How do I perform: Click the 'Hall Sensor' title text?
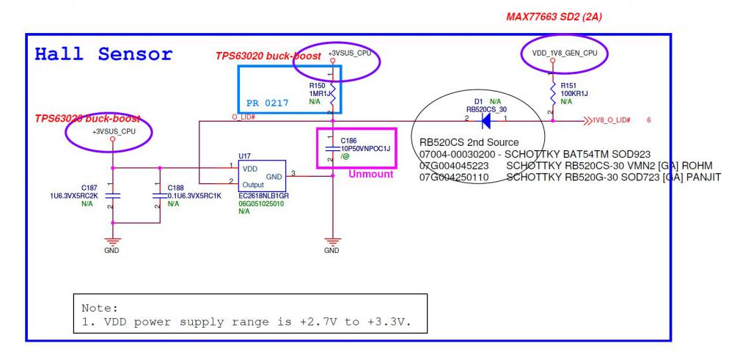[x=104, y=54]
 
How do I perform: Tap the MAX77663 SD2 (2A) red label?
[x=554, y=16]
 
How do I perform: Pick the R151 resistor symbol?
[x=553, y=91]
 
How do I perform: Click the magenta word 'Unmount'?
[x=371, y=175]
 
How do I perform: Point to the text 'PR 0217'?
[x=266, y=104]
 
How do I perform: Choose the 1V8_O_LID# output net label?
[x=612, y=120]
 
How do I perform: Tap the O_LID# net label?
[x=243, y=117]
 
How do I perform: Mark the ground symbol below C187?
[x=112, y=243]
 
